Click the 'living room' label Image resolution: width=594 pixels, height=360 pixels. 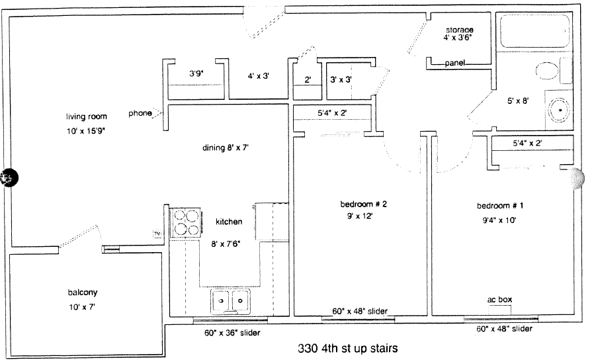(87, 116)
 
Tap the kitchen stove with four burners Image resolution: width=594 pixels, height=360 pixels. (186, 223)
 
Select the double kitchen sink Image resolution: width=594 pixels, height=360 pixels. (230, 301)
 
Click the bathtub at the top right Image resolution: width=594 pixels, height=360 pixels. (534, 31)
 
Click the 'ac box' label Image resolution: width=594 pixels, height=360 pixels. (499, 299)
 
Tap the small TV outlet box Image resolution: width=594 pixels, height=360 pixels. (157, 234)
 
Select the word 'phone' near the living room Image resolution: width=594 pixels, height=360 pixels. (140, 113)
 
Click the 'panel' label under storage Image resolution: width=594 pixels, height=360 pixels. (454, 63)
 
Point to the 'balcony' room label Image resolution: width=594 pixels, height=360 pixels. (83, 292)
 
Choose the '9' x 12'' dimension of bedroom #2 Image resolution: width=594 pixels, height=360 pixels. (358, 216)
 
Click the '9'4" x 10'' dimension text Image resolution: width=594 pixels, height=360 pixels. (499, 220)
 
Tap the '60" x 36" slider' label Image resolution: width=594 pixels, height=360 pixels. (232, 333)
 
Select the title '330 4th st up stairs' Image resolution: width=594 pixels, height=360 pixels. (347, 348)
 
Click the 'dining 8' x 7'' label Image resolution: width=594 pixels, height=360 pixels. (225, 148)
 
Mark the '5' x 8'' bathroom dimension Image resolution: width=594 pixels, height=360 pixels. (518, 101)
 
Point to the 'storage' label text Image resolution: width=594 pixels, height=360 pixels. (459, 30)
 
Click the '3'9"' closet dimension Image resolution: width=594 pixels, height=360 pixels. (196, 73)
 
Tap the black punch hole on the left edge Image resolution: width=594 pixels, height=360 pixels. (9, 178)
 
